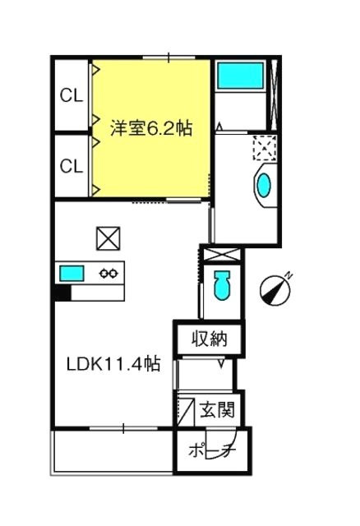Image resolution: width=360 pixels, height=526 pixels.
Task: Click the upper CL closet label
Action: [71, 95]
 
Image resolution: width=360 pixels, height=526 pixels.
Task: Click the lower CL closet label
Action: [71, 166]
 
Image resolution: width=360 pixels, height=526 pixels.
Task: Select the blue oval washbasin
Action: [264, 183]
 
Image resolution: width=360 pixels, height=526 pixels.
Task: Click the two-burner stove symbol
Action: [109, 273]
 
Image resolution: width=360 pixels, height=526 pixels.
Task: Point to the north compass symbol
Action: [275, 288]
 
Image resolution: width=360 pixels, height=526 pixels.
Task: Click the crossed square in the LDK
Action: [108, 239]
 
